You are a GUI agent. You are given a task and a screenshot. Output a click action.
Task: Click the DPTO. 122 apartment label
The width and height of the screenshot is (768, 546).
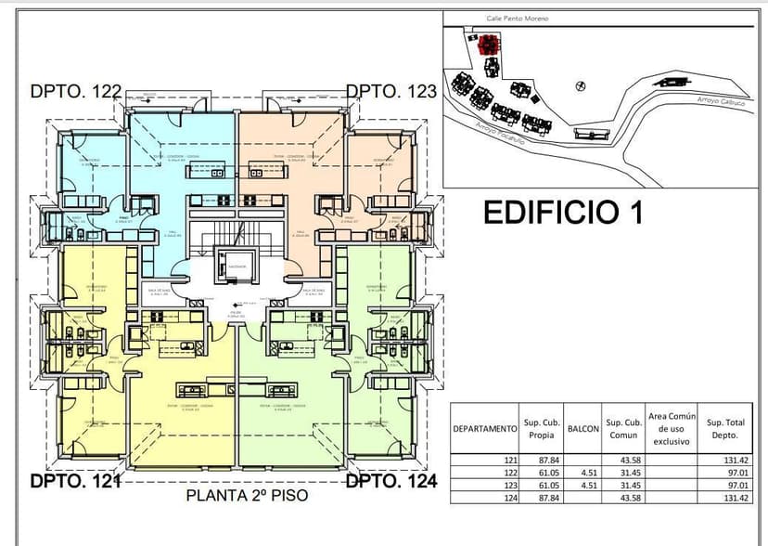coord(76,91)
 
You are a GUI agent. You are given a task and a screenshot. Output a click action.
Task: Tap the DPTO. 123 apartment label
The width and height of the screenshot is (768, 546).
coord(390,91)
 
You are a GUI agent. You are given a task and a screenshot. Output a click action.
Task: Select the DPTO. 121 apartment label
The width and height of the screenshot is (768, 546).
coord(76,482)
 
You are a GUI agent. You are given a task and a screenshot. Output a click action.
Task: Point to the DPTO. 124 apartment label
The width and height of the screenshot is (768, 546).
coord(390,482)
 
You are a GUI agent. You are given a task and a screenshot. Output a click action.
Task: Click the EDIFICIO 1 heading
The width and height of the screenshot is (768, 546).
coord(563,212)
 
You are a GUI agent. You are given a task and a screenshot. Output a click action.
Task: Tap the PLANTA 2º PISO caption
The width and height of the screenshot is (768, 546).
coord(247,496)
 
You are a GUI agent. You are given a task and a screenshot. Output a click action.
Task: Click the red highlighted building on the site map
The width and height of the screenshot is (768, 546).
coord(489,44)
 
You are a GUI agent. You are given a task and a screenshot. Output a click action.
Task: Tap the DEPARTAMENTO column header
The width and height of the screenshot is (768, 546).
coord(484,428)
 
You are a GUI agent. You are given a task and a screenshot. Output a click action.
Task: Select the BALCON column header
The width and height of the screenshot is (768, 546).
coord(582,428)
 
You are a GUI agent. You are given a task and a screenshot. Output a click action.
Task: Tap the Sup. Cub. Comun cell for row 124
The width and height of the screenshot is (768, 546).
coord(631,497)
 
